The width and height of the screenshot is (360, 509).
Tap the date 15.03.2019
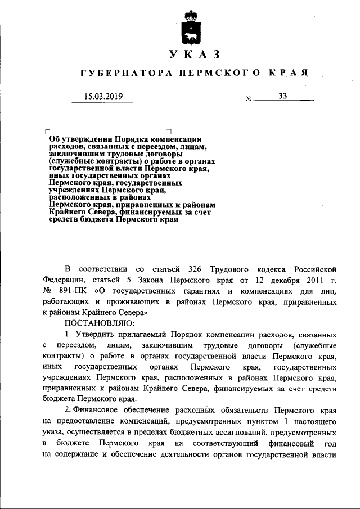[103, 96]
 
